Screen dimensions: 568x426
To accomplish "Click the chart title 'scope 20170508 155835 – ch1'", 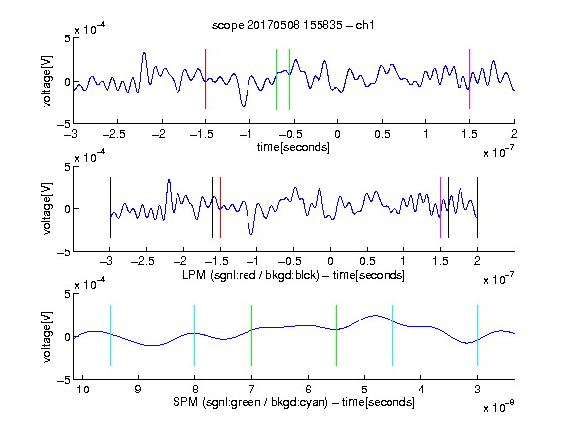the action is click(x=293, y=25).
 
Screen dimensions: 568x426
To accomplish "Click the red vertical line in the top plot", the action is click(x=205, y=79).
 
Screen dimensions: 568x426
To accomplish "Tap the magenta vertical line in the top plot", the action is click(x=469, y=79).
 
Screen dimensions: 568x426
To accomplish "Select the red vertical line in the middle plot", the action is click(x=220, y=207).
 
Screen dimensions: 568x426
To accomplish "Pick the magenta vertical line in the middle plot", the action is click(x=440, y=207).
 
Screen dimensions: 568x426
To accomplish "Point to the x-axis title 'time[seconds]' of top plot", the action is click(x=294, y=147).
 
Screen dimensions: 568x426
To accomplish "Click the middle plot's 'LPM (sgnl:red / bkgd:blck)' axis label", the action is click(x=250, y=275).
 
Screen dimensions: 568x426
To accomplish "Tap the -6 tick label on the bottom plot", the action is click(x=307, y=390).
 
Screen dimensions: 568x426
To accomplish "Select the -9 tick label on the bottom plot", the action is click(x=135, y=390).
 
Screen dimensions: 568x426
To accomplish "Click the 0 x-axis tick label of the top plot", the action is click(x=337, y=134).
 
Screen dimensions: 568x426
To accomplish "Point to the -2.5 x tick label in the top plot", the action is click(x=114, y=134).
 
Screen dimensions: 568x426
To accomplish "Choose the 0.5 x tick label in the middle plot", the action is click(x=367, y=261).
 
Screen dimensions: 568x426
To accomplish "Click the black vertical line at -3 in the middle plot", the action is click(x=110, y=207).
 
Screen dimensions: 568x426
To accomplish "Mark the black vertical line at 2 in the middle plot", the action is click(x=477, y=207).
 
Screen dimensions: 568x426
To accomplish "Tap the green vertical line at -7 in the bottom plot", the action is click(x=251, y=335).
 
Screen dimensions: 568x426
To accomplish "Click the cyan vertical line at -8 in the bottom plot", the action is click(x=194, y=335).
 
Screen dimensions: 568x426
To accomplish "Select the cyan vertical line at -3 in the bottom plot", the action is click(x=477, y=335).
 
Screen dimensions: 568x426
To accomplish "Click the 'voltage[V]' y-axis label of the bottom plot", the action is click(x=47, y=336).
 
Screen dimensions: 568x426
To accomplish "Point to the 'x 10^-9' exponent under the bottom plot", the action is click(x=499, y=406).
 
